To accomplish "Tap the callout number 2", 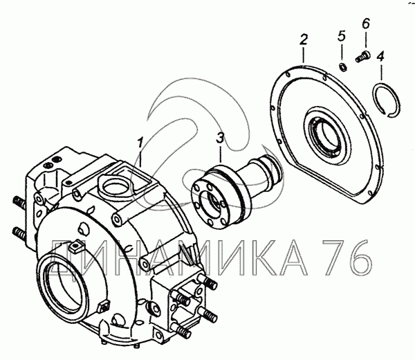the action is [304, 39].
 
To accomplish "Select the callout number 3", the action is [220, 138].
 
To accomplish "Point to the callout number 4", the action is [380, 57].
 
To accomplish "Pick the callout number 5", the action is [342, 36].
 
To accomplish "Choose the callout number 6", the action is [365, 24].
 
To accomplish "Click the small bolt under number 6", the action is [362, 57].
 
